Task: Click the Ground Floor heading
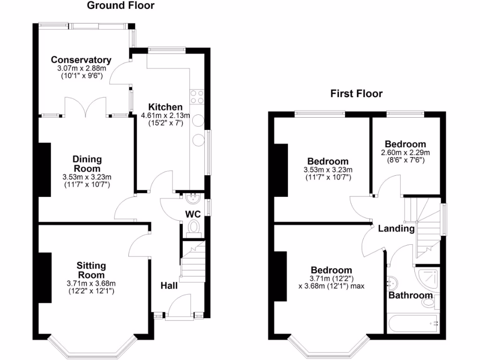tap(120, 6)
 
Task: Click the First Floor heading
tap(356, 94)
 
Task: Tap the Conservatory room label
tap(81, 60)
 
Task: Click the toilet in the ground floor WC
tap(193, 227)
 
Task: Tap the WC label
tap(193, 214)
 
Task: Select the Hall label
tap(169, 285)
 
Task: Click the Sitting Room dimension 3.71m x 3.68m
tap(91, 284)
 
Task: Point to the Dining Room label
tap(87, 164)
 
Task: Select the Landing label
tap(396, 229)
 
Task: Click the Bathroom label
tap(410, 295)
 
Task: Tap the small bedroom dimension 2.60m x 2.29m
tap(405, 152)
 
